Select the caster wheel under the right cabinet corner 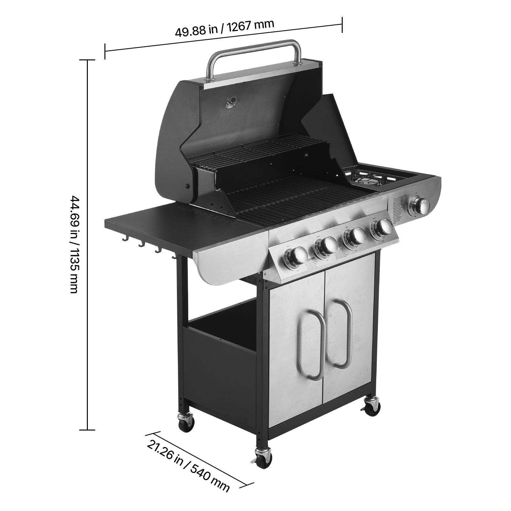click(x=372, y=407)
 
